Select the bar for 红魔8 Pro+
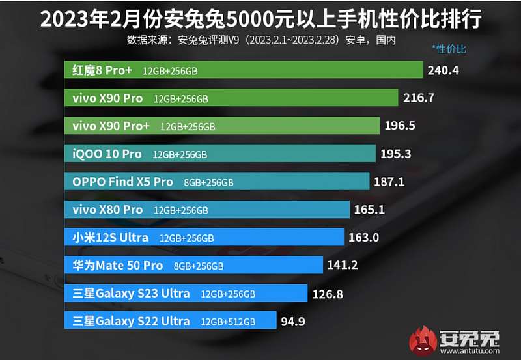(244, 70)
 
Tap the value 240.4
(443, 70)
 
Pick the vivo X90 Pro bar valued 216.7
(231, 98)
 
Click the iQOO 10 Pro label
(107, 154)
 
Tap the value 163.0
(363, 237)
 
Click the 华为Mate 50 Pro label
(117, 265)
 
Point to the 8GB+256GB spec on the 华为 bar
(199, 266)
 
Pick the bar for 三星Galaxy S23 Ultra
(186, 293)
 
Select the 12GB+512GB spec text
(228, 322)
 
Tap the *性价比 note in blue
(449, 49)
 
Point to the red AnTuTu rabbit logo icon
(425, 340)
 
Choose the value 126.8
(330, 293)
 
